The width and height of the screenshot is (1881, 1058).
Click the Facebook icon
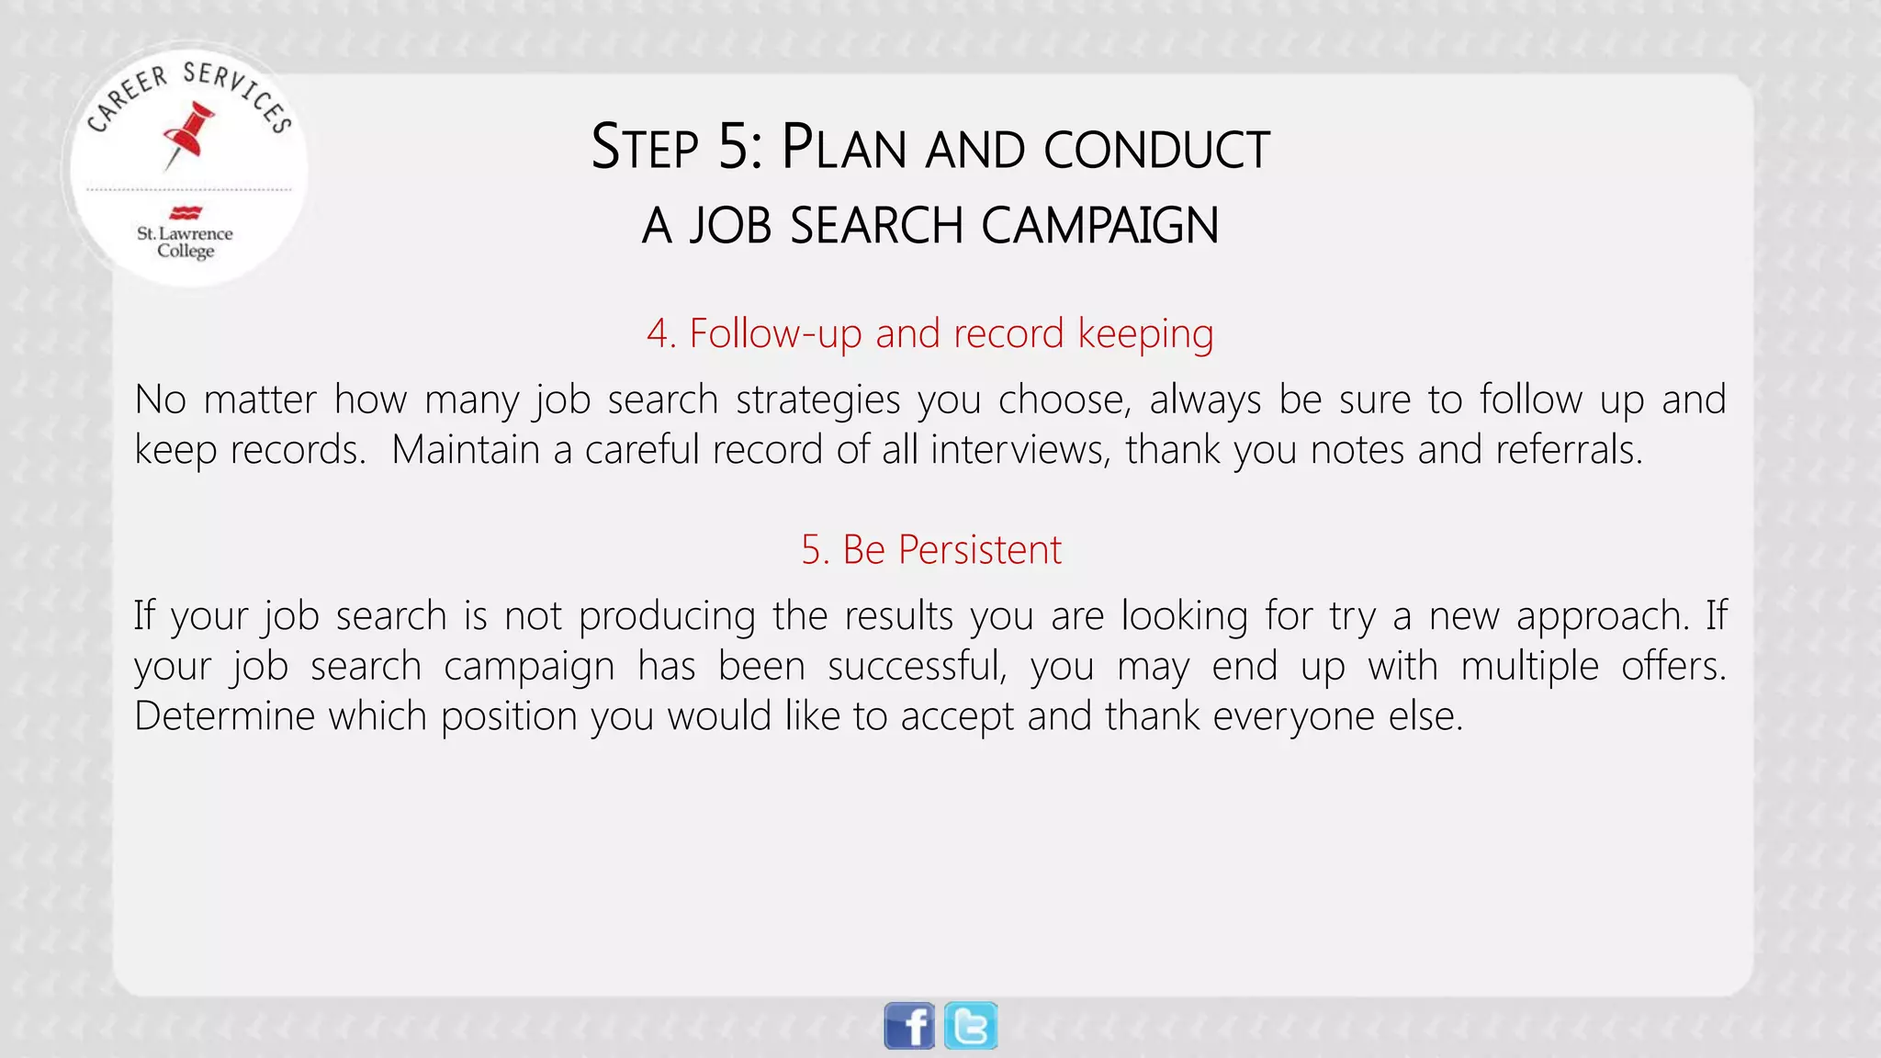point(908,1026)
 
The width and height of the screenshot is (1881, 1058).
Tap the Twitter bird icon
point(971,1026)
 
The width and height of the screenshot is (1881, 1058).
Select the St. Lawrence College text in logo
point(186,242)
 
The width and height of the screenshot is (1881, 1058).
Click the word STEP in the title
point(645,148)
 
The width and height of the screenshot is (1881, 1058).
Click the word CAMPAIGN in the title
point(1099,226)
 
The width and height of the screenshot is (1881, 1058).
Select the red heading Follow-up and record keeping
point(929,333)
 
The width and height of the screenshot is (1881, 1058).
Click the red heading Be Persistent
point(930,550)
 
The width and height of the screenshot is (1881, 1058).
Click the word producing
point(667,616)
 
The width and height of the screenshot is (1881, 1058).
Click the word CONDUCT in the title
point(1156,150)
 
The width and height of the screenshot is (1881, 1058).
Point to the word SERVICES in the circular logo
point(238,93)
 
